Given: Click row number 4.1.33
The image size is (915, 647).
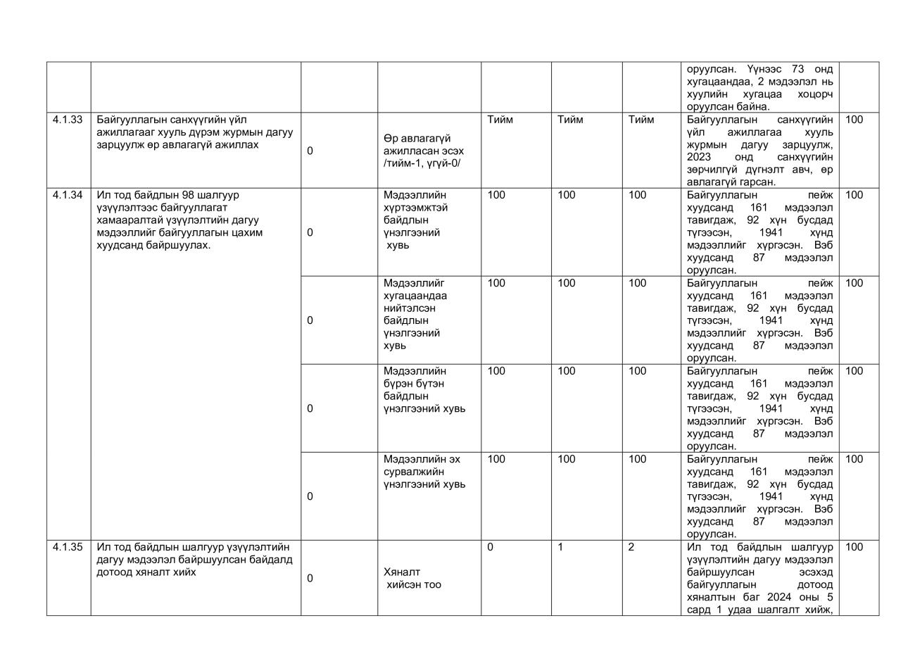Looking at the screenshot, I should pos(68,120).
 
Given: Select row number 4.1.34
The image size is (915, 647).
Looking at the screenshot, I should pos(68,195).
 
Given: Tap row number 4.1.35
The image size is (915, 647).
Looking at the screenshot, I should pos(68,547).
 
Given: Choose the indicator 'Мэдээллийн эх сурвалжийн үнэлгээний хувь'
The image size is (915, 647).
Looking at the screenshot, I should pos(424,472).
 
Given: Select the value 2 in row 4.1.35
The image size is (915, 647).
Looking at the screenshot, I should pos(631,547).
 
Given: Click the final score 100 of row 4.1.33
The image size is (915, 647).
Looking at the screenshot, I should pos(854,120).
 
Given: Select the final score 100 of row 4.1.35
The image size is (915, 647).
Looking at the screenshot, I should pos(854,547).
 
